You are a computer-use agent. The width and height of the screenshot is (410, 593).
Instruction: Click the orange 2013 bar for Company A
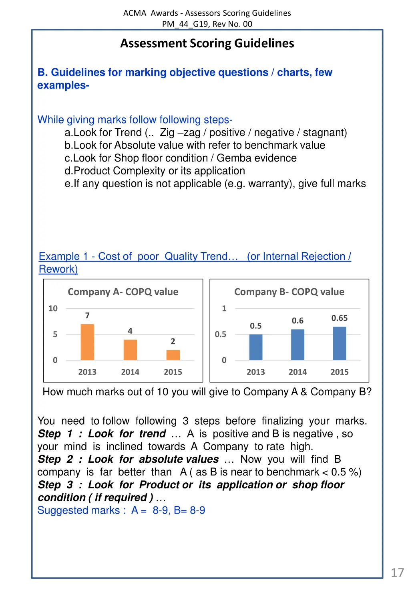(87, 342)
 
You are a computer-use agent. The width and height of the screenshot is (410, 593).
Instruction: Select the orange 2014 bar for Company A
(130, 350)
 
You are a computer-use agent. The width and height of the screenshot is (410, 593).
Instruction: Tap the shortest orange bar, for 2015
(173, 355)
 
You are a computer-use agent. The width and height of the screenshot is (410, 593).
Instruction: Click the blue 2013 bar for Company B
(256, 347)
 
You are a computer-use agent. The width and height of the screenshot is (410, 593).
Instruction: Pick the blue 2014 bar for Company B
(297, 345)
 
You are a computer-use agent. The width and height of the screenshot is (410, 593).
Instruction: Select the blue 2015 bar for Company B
(340, 343)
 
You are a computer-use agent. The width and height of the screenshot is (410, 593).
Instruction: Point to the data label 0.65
(340, 318)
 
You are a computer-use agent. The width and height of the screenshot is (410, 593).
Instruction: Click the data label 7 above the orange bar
(87, 316)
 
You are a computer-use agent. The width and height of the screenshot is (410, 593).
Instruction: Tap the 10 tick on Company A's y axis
(53, 308)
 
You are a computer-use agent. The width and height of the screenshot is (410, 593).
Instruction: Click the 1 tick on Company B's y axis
(224, 308)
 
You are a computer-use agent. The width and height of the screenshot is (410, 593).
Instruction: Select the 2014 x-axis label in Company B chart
(297, 372)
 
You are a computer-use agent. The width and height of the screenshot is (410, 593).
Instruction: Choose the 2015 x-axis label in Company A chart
(173, 372)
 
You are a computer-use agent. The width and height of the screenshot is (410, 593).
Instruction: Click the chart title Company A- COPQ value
(123, 292)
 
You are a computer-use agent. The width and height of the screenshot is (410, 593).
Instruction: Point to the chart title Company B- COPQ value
(289, 292)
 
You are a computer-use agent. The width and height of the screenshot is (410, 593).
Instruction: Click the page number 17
(397, 573)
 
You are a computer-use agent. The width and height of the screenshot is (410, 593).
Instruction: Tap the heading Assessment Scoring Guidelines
(207, 43)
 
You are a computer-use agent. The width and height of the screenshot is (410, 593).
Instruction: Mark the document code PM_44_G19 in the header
(185, 24)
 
